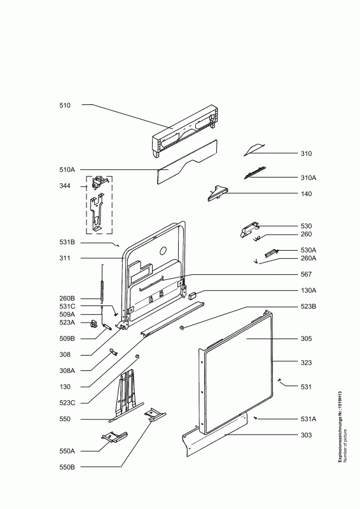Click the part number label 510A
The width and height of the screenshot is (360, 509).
click(x=67, y=170)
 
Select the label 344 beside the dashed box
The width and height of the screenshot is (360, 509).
click(x=65, y=186)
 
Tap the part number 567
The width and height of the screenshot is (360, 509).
click(x=306, y=274)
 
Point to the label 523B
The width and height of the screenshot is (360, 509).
click(x=308, y=307)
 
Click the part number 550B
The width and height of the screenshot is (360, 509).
click(x=67, y=467)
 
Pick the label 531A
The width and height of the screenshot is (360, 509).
click(x=308, y=419)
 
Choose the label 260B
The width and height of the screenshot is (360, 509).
click(x=67, y=298)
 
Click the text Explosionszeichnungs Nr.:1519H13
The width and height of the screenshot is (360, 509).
click(x=340, y=427)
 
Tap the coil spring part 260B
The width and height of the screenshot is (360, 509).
click(x=102, y=288)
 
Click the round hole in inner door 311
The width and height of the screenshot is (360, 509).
click(x=163, y=251)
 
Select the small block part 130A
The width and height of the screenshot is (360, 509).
click(x=192, y=295)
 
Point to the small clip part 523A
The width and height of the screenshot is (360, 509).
click(x=93, y=324)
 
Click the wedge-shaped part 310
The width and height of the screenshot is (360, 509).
click(x=254, y=150)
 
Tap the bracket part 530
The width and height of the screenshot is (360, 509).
click(x=249, y=230)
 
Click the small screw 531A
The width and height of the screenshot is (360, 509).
click(x=256, y=419)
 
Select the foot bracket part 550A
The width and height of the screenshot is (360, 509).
click(x=114, y=437)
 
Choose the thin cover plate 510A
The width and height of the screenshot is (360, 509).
click(x=188, y=162)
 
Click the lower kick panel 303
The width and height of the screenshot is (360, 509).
click(x=215, y=435)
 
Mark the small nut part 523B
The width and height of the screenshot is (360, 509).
click(x=182, y=328)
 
